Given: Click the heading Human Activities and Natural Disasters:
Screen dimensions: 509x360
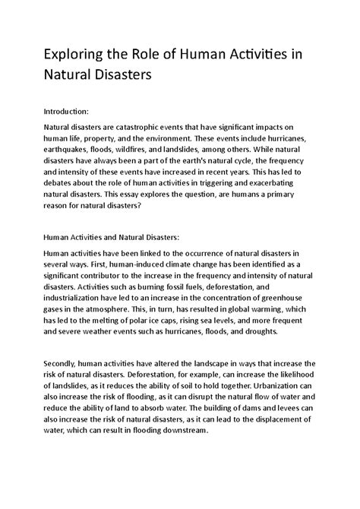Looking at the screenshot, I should [x=123, y=236].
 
